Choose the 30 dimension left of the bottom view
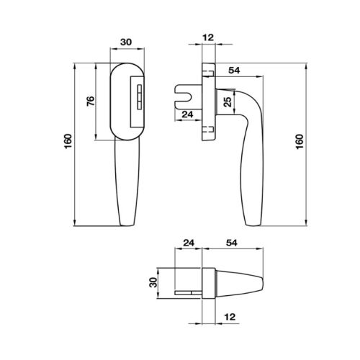click(152, 283)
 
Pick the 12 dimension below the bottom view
click(230, 316)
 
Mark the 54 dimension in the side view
click(232, 70)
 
